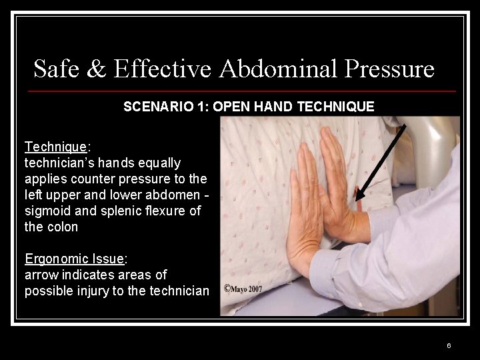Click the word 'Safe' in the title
pos(53,69)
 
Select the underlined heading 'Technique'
pos(55,147)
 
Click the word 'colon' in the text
pos(63,227)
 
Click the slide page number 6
pos(449,345)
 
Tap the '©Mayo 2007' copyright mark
pos(243,289)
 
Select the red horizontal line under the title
pos(243,91)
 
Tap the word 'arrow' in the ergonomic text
pos(41,275)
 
